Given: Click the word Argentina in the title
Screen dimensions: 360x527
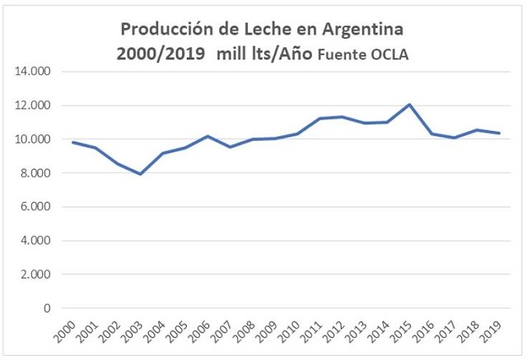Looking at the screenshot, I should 361,29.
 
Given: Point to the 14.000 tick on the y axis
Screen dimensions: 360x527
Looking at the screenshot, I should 33,72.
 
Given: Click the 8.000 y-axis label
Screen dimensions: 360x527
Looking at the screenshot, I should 35,173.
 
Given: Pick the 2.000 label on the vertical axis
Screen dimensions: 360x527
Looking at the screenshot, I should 35,274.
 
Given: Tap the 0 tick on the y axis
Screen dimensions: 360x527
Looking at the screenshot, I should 47,308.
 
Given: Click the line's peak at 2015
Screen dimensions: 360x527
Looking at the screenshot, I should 409,105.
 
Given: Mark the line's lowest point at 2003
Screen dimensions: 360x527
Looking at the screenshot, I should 141,174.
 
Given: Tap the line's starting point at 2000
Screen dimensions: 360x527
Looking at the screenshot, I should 73,143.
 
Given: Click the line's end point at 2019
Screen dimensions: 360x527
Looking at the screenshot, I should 499,133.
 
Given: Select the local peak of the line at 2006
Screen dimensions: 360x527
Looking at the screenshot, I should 208,136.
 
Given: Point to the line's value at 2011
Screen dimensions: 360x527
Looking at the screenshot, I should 319,119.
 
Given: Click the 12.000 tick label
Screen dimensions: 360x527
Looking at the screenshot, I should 33,105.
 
